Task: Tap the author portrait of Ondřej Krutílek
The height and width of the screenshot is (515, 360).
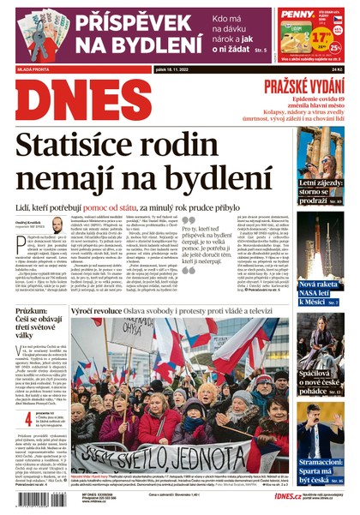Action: point(57,224)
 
